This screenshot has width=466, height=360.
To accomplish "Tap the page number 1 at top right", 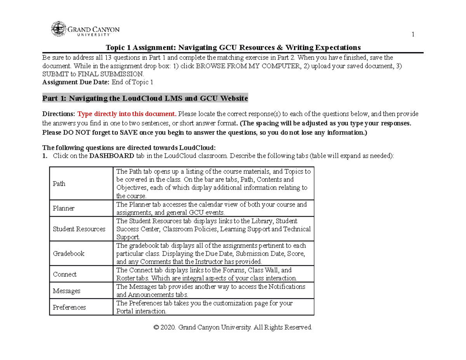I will (x=413, y=35).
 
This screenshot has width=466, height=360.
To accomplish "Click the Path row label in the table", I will (x=59, y=184).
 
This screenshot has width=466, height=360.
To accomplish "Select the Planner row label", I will (x=63, y=208).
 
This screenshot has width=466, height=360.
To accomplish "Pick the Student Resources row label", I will (x=79, y=229).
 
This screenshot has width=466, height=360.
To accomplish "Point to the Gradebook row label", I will (x=68, y=253).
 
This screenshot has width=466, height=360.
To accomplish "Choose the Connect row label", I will (x=64, y=274).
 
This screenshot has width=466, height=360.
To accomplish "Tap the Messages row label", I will (x=66, y=291).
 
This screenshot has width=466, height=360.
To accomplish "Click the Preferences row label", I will (x=69, y=307).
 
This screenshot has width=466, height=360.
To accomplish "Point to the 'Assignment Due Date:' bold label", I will (x=76, y=82).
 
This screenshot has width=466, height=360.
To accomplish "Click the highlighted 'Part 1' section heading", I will (x=144, y=99).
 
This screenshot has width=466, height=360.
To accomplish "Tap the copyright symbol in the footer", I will (x=156, y=327).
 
